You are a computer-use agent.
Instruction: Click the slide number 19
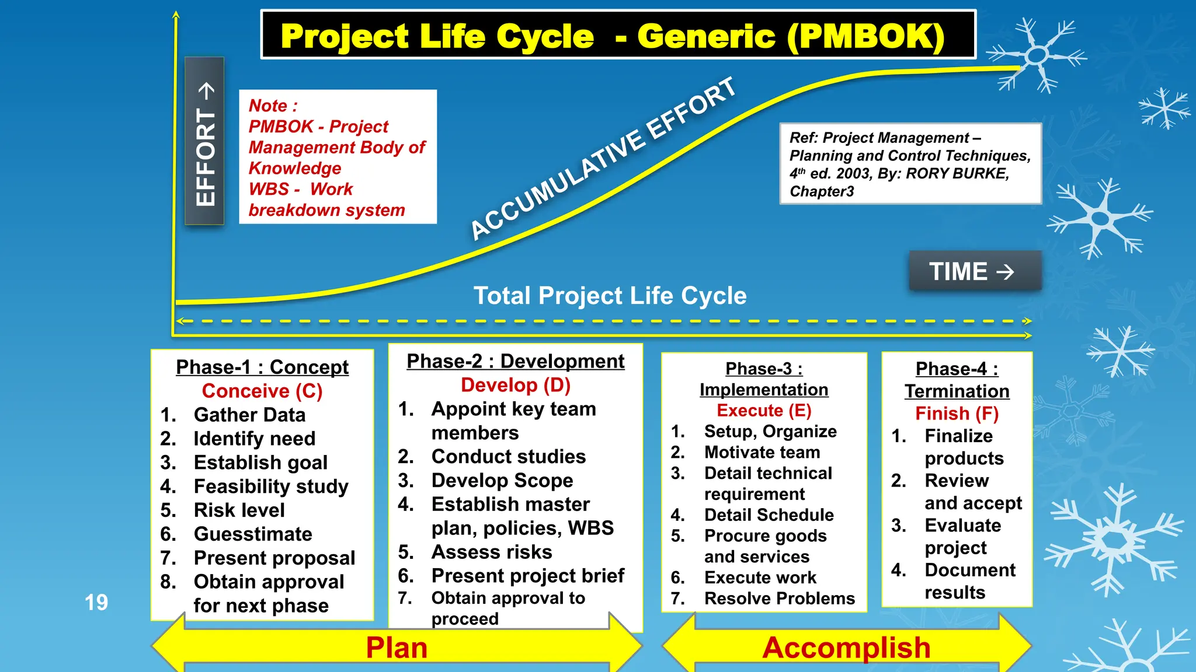(96, 603)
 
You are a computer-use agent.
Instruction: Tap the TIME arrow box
(975, 271)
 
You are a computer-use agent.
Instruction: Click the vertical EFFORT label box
(205, 141)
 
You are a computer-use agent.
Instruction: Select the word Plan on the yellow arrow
(397, 647)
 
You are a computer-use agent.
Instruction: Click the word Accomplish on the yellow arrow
(846, 647)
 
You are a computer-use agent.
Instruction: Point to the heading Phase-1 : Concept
(262, 367)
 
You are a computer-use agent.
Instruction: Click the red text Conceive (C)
(262, 391)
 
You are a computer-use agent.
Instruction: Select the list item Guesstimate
(253, 534)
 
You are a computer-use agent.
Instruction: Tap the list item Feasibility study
(271, 486)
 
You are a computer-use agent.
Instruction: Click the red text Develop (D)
(516, 385)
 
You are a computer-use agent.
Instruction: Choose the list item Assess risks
(492, 552)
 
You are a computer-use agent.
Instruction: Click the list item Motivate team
(762, 452)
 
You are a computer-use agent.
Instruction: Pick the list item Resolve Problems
(780, 598)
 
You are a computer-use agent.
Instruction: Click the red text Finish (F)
(957, 414)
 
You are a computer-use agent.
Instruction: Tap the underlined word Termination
(957, 391)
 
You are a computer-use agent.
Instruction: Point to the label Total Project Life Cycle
(610, 296)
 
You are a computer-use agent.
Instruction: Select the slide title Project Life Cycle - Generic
(613, 36)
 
